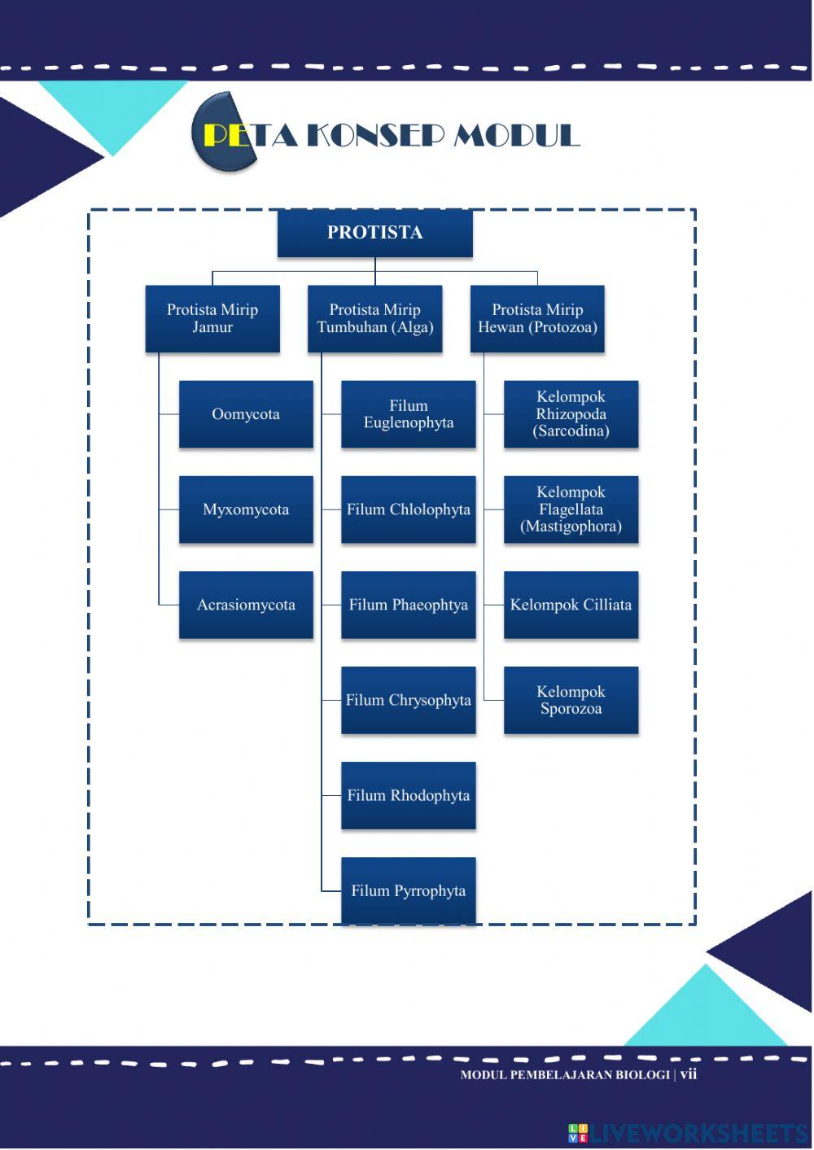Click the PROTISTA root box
(x=374, y=233)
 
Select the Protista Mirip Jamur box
(x=212, y=318)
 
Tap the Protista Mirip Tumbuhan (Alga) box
(x=374, y=318)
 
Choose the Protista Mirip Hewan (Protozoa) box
(x=537, y=318)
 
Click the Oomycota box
(x=246, y=414)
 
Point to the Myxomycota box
(x=246, y=509)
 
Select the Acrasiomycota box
(x=246, y=605)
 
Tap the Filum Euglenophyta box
(x=408, y=414)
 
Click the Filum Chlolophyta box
(x=408, y=509)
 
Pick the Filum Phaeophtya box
(x=408, y=605)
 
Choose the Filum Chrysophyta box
(x=408, y=700)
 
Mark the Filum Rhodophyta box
(x=408, y=795)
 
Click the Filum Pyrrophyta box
(x=408, y=890)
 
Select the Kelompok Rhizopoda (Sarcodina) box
(x=571, y=414)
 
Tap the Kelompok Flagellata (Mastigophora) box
(x=571, y=509)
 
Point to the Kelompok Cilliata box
(x=571, y=605)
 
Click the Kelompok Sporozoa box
(x=571, y=700)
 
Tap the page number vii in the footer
(x=689, y=1074)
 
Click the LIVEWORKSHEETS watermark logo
(x=687, y=1133)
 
